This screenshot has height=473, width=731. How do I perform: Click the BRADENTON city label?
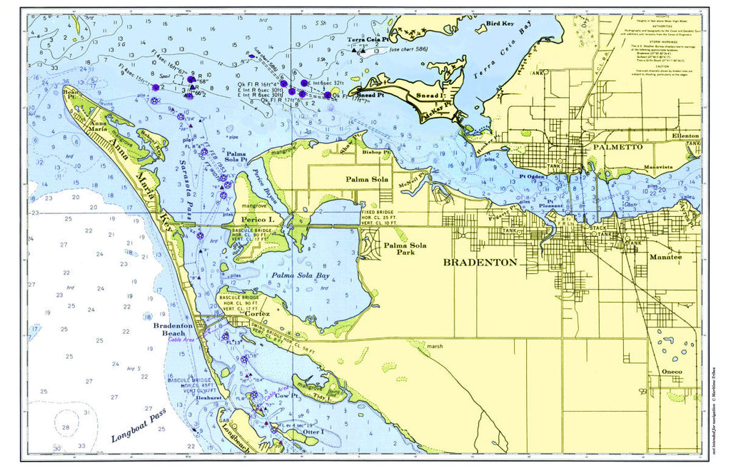pos(480,262)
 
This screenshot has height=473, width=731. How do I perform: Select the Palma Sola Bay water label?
pos(298,275)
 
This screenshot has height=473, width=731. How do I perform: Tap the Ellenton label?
pos(687,135)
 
